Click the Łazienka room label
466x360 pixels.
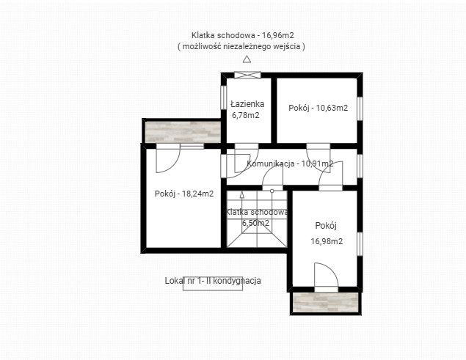click(x=247, y=103)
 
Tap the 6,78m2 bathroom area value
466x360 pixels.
click(x=246, y=115)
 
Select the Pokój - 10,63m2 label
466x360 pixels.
click(x=318, y=108)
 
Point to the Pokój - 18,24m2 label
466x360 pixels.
click(x=184, y=194)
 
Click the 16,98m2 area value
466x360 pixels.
click(x=327, y=241)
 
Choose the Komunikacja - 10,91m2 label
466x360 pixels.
click(x=290, y=164)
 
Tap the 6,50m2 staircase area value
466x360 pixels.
click(x=255, y=223)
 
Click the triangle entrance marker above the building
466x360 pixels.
click(x=247, y=59)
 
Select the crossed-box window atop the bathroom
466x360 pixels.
click(x=247, y=75)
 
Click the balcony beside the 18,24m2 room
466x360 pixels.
click(x=183, y=132)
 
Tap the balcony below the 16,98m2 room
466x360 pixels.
click(x=325, y=302)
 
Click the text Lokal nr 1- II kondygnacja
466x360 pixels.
click(x=213, y=280)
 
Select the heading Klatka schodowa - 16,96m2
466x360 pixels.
click(x=242, y=35)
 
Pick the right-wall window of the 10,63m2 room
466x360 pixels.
click(x=360, y=109)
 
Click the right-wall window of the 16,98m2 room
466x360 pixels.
click(x=360, y=244)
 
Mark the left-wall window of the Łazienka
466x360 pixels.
click(x=224, y=98)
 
